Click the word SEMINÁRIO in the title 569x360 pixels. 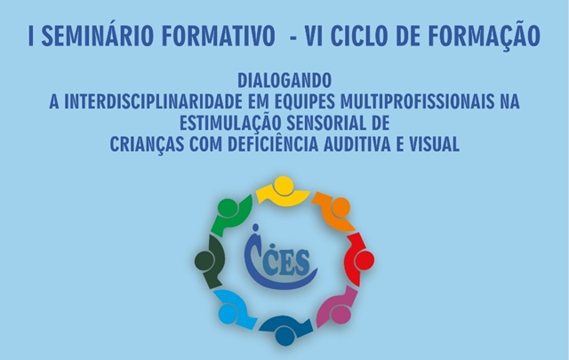(x=96, y=36)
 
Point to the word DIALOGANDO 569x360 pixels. (x=284, y=81)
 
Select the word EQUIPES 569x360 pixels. (x=304, y=102)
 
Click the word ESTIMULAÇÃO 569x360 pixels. (x=230, y=123)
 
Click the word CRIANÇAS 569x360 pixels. (x=147, y=144)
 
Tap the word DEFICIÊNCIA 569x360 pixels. (x=273, y=144)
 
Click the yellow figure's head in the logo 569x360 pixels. (x=284, y=186)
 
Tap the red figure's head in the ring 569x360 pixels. (x=365, y=260)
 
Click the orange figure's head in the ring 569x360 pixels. (x=341, y=207)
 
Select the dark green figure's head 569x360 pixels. (x=204, y=260)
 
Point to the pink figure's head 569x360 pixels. (x=340, y=314)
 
